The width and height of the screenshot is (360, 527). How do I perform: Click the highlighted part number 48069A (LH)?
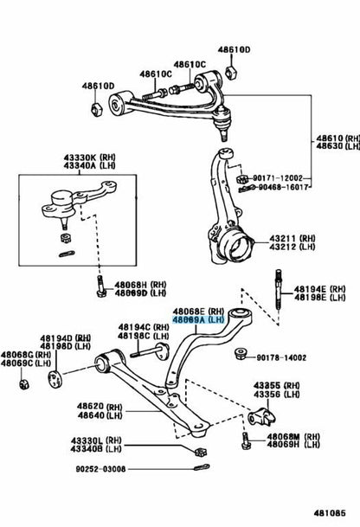tap(198, 320)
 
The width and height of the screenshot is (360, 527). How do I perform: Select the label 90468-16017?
tap(283, 187)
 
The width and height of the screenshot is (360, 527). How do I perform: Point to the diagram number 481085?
tap(330, 513)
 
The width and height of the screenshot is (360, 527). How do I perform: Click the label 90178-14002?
tap(281, 357)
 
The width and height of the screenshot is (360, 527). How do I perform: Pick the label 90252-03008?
tap(100, 469)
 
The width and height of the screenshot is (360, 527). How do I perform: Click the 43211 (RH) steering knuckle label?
tap(292, 238)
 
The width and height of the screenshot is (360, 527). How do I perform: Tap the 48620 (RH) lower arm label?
tap(100, 407)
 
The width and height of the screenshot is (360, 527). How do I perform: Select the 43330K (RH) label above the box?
tap(89, 157)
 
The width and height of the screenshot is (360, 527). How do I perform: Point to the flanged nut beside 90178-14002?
tap(241, 354)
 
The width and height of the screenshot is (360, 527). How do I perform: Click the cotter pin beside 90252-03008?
tap(202, 467)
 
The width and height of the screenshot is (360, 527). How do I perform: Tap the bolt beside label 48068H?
tap(100, 286)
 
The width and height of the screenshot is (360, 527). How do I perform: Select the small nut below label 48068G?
tap(24, 384)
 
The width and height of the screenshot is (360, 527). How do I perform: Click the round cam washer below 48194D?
tap(55, 379)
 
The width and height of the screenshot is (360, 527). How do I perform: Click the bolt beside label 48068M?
tap(246, 440)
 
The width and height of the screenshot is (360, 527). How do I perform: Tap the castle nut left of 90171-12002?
tap(242, 179)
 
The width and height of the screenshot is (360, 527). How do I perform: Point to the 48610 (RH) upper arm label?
tap(337, 138)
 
